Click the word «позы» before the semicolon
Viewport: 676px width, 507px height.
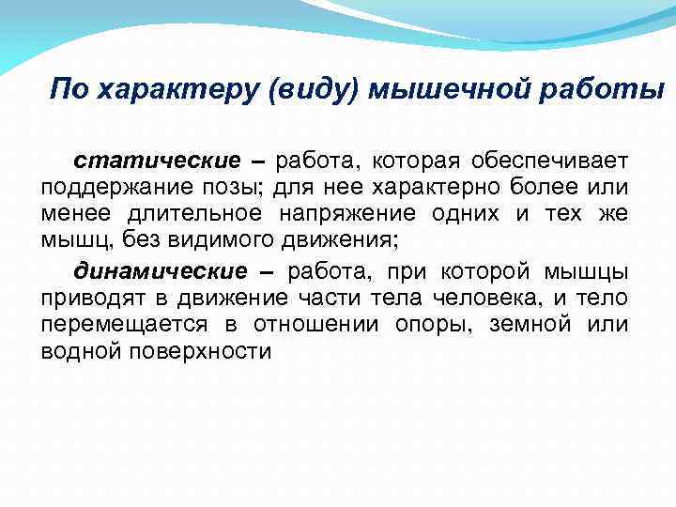pos(220,187)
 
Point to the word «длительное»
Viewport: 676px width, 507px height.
pos(188,214)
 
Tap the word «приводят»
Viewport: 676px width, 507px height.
pos(84,299)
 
